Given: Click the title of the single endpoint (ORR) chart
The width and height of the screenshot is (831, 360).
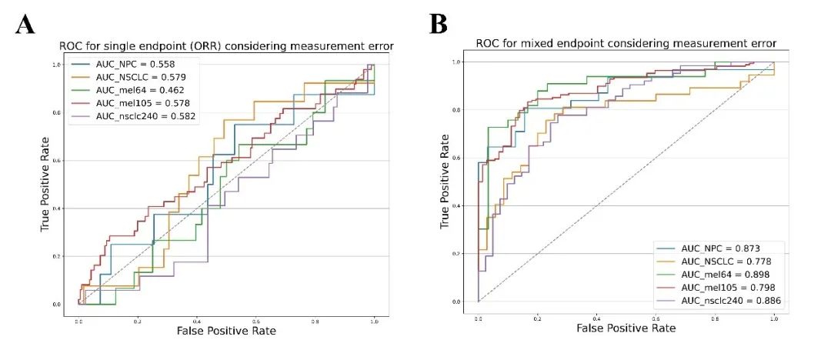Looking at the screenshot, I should [x=226, y=46].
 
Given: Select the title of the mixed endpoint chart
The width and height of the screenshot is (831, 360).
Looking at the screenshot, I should [x=625, y=43].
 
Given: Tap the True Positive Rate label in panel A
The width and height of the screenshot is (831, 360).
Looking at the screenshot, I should [x=45, y=185].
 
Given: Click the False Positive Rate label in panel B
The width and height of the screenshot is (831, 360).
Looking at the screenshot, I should [x=625, y=328].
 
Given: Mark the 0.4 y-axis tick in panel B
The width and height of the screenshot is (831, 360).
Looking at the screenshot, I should [x=456, y=205].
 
